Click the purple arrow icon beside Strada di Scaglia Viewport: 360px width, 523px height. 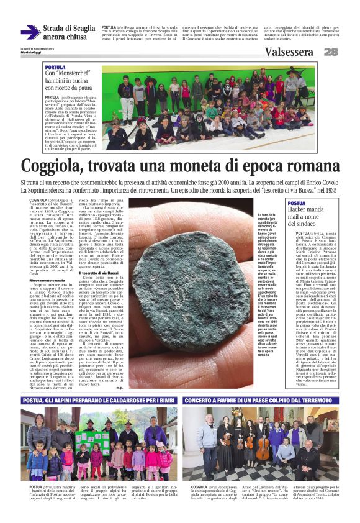tap(30, 32)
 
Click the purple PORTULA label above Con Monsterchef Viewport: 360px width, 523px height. tap(55, 67)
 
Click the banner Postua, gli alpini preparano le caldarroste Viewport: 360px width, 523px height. tap(99, 401)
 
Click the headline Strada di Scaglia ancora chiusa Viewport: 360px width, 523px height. tap(70, 32)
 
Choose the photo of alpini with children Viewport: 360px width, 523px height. tap(99, 444)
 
